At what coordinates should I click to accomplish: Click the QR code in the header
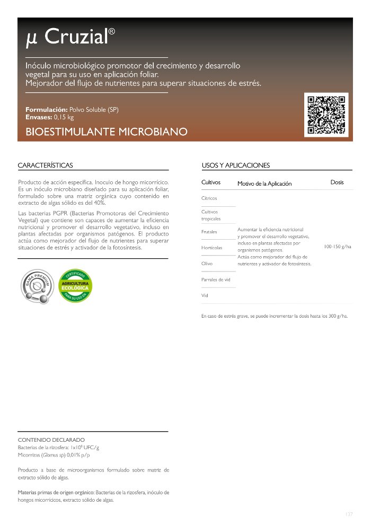pos(328,114)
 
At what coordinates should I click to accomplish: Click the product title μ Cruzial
pos(70,37)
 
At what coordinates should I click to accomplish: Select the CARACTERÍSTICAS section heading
pos(46,165)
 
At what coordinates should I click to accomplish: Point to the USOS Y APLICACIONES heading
pos(236,165)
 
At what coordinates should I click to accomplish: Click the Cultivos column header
pos(211,182)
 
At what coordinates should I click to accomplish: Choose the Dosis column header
pos(337,182)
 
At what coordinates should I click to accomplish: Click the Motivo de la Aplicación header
pos(264,183)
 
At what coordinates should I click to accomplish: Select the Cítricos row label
pos(209,198)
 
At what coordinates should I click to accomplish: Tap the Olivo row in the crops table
pos(207,263)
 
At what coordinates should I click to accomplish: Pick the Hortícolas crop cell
pos(212,248)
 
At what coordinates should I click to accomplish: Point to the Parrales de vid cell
pos(216,279)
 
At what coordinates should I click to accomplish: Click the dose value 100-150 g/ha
pos(337,247)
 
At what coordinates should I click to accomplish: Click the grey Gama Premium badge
pos(36,286)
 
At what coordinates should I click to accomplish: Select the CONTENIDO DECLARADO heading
pos(51,440)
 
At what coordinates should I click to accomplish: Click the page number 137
pos(348,514)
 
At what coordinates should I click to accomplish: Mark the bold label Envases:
pos(39,117)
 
